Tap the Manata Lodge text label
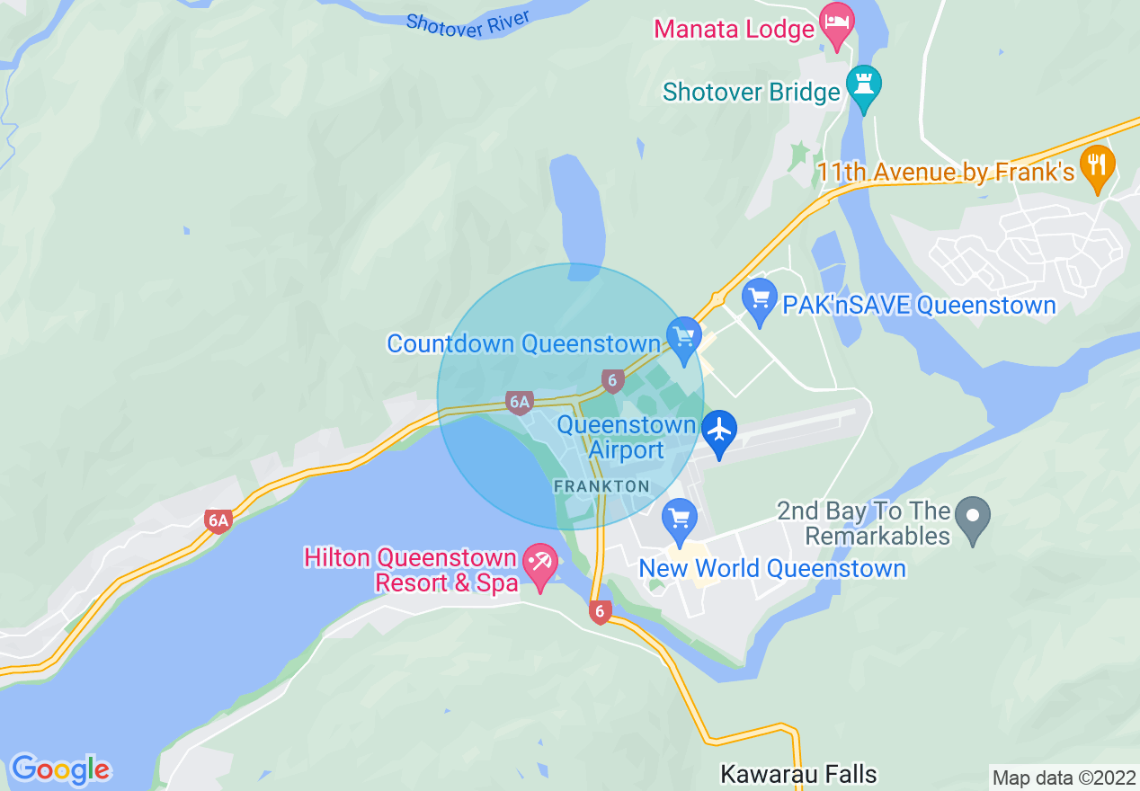[x=734, y=29]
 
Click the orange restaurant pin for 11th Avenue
[x=1097, y=166]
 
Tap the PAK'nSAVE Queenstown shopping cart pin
[x=760, y=300]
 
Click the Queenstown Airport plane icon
[x=719, y=431]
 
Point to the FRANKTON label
[x=601, y=485]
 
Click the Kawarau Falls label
[x=798, y=774]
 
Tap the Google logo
[x=60, y=769]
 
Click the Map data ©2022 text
[x=1063, y=778]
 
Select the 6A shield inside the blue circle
[x=519, y=402]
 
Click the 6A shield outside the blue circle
[x=217, y=520]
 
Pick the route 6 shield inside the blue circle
[x=612, y=380]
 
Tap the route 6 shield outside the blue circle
[x=600, y=612]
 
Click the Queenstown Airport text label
[x=626, y=437]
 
